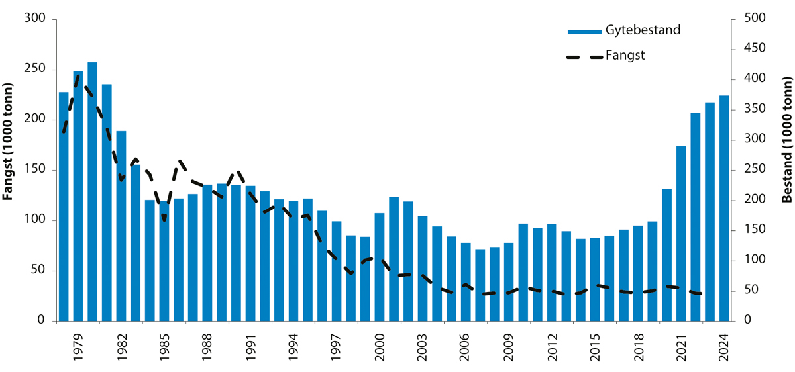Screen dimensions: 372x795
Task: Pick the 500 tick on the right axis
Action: (x=751, y=19)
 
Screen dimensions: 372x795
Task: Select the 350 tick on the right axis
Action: (x=751, y=109)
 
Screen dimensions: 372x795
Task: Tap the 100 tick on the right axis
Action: (x=751, y=260)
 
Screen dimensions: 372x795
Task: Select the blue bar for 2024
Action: (x=724, y=208)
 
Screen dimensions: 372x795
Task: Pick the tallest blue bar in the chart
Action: (x=93, y=191)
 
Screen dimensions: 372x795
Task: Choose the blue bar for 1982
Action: (x=121, y=226)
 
